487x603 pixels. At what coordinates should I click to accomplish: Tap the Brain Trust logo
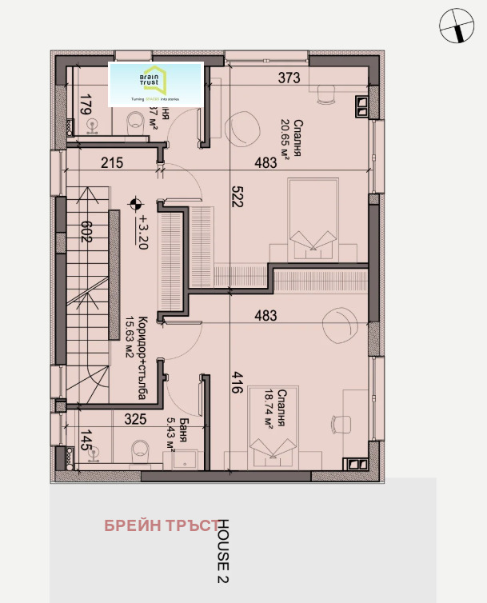click(x=156, y=84)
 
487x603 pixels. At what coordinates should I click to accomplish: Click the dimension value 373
click(x=289, y=78)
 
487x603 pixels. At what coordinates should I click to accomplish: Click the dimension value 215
click(x=113, y=163)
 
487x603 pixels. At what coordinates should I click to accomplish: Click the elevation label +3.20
click(x=143, y=232)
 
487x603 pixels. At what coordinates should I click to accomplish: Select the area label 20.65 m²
click(x=285, y=135)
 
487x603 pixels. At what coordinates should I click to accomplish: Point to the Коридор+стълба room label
click(x=137, y=355)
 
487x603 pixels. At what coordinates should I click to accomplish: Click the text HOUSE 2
click(x=224, y=551)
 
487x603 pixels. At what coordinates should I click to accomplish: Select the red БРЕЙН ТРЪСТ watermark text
click(x=161, y=525)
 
